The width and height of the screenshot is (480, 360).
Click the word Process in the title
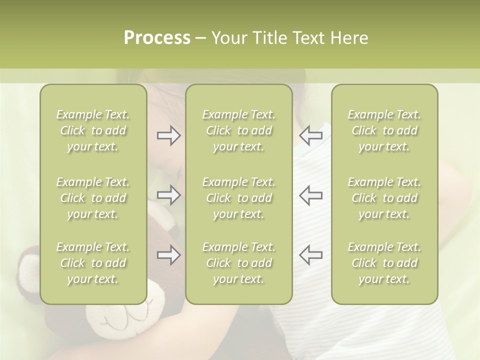pyautogui.click(x=157, y=38)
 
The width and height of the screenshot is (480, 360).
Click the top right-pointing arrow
pyautogui.click(x=168, y=135)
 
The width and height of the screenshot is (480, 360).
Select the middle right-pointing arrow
pyautogui.click(x=168, y=195)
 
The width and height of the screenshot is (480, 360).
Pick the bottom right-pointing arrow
pyautogui.click(x=168, y=255)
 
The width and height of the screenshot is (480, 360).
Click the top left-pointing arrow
pyautogui.click(x=310, y=135)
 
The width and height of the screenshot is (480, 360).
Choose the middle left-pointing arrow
pyautogui.click(x=310, y=195)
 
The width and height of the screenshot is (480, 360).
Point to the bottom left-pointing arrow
pyautogui.click(x=310, y=255)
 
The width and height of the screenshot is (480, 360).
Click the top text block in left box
pyautogui.click(x=93, y=130)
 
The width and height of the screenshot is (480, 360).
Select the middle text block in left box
pyautogui.click(x=93, y=198)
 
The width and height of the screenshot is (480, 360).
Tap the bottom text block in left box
pyautogui.click(x=93, y=263)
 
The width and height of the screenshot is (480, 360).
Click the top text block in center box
pyautogui.click(x=239, y=130)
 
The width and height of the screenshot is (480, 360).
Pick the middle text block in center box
pyautogui.click(x=239, y=198)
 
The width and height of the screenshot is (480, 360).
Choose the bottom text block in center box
pyautogui.click(x=239, y=263)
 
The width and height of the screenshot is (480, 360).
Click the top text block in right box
pyautogui.click(x=384, y=130)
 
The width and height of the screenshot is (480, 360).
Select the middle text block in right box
pyautogui.click(x=384, y=198)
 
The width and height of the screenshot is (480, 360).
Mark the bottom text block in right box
pyautogui.click(x=384, y=263)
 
